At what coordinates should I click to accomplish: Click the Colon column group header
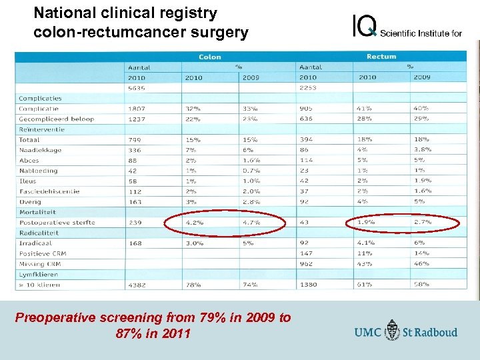tap(210, 57)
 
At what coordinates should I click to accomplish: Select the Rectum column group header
tap(381, 57)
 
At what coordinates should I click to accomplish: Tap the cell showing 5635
tap(137, 88)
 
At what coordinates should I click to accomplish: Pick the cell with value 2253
tap(308, 88)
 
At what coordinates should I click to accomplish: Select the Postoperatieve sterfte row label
tap(57, 223)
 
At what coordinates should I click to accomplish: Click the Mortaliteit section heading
tap(37, 212)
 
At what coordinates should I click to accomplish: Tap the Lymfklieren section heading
tap(38, 274)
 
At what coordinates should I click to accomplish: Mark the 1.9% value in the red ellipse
tap(365, 223)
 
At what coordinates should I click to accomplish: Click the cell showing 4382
tap(137, 285)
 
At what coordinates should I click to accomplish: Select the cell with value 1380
tap(308, 285)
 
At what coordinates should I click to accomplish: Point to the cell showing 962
tap(306, 264)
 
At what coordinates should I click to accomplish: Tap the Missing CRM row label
tap(39, 264)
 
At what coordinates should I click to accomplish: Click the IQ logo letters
tap(365, 27)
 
